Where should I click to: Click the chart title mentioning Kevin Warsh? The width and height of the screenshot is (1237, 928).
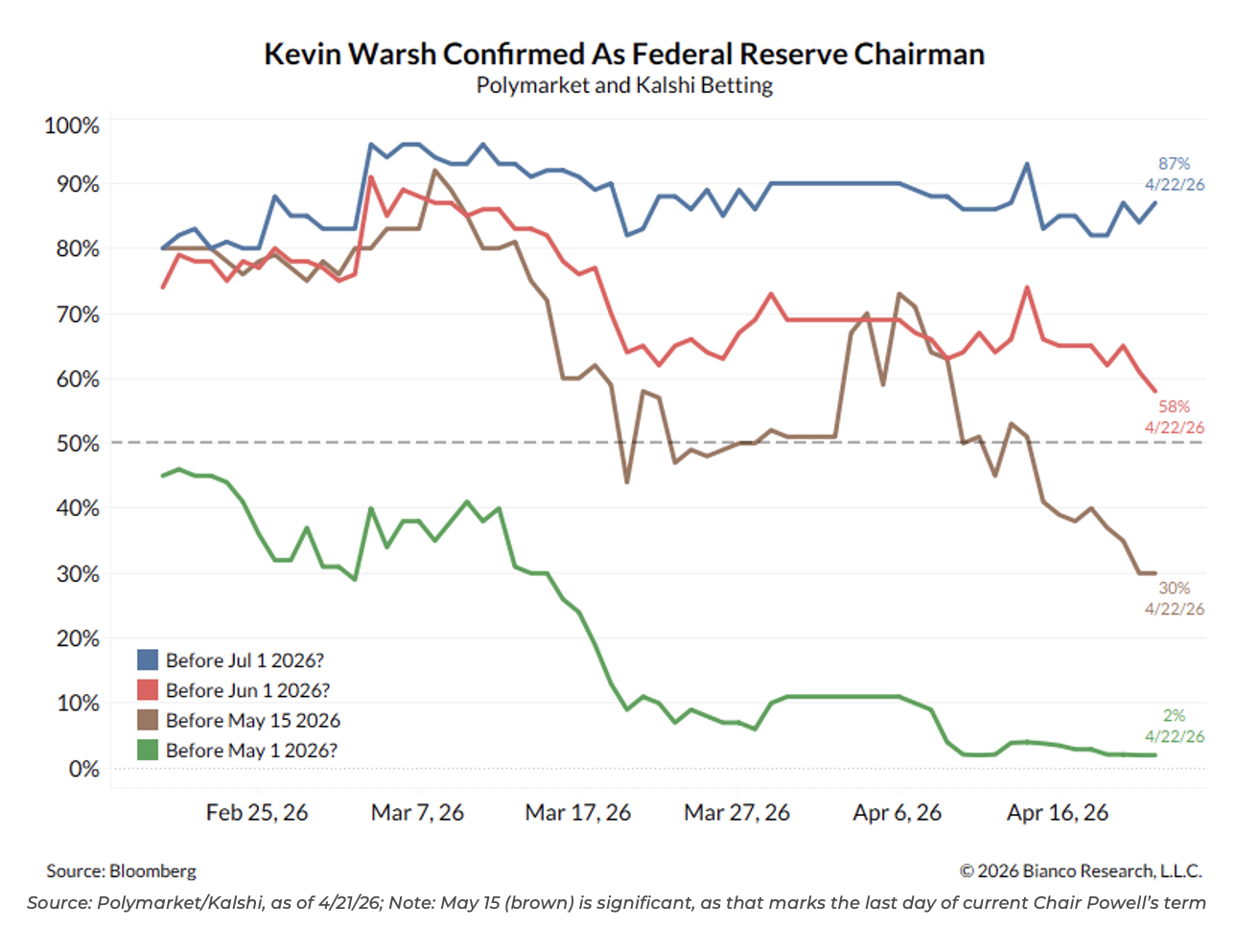624,54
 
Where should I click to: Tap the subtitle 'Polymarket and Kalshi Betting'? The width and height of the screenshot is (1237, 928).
624,85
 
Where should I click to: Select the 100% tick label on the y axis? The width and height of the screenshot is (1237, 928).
72,126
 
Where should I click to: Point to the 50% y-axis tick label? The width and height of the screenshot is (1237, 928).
77,444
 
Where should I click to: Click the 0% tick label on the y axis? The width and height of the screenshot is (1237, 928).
83,769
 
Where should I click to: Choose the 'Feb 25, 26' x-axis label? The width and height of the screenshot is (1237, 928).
257,813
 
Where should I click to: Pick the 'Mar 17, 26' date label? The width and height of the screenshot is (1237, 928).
578,813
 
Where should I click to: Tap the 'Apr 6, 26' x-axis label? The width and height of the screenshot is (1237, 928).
898,813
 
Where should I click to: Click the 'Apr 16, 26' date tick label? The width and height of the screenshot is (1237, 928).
1058,813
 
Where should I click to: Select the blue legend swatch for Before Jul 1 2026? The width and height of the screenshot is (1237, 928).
148,660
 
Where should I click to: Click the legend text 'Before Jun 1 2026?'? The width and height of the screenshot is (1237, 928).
247,690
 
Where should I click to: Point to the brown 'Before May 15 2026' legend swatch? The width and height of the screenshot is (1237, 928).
148,720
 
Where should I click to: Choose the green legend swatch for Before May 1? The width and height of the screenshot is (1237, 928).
148,750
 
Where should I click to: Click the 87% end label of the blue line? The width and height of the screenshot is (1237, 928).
1174,164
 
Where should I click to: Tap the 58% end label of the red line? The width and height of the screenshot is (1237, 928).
1174,406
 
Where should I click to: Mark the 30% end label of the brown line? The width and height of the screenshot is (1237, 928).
1174,588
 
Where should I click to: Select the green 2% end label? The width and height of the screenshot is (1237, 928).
1174,715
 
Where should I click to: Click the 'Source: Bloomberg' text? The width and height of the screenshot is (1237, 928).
122,871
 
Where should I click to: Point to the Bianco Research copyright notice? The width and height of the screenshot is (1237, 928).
1081,871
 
